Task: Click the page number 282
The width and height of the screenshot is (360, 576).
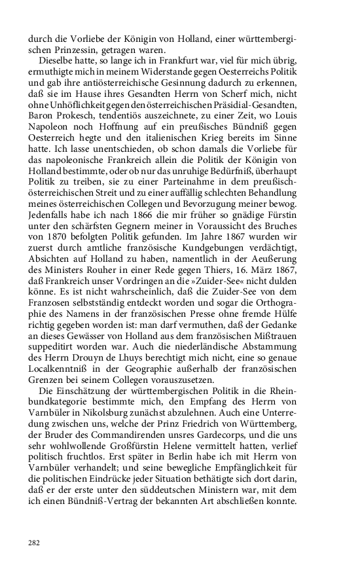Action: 34,543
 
